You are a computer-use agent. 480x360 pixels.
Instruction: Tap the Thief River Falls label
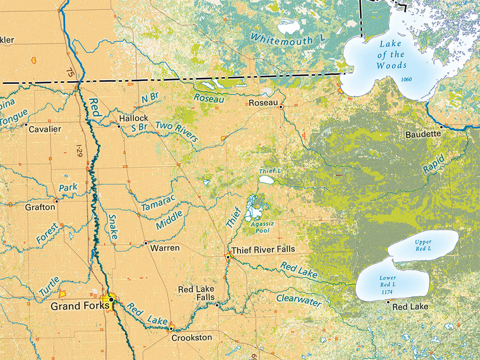click(x=263, y=250)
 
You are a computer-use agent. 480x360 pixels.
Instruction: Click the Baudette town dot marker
click(x=441, y=126)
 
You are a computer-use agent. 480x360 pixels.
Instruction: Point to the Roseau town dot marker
click(x=281, y=107)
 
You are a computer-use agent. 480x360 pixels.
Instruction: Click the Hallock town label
click(x=134, y=118)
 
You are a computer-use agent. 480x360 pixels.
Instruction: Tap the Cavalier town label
click(x=45, y=129)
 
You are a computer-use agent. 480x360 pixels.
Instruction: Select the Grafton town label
click(x=40, y=207)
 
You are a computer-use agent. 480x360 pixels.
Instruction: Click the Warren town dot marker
click(x=146, y=243)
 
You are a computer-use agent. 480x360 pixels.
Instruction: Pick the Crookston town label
click(x=191, y=337)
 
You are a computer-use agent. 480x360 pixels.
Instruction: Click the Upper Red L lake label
click(x=423, y=245)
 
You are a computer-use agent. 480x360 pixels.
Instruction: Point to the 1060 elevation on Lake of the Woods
click(x=406, y=79)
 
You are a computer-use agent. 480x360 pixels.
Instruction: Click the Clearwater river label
click(x=299, y=300)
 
